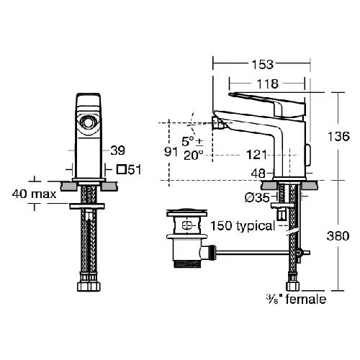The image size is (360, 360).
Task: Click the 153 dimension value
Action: point(262,64)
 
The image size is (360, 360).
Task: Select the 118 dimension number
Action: point(267,84)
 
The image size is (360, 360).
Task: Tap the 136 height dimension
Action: point(338,136)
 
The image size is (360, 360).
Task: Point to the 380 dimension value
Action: point(338,236)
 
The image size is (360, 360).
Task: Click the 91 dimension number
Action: point(171,152)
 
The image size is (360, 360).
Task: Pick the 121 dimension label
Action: point(256,155)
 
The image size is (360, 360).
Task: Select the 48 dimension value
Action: point(258,174)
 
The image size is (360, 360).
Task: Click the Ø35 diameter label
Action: point(257,197)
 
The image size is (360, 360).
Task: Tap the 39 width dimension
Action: point(117,150)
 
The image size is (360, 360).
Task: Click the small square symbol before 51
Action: point(122,169)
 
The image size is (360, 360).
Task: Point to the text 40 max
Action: point(35,194)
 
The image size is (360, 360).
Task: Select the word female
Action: point(306,299)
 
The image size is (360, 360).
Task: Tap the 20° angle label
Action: point(194,156)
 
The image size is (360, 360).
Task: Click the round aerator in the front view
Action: point(88,122)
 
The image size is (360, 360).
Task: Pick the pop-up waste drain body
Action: point(187,238)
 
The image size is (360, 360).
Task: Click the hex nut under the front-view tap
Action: point(89,287)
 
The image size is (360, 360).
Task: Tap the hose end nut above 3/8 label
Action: point(293,287)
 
